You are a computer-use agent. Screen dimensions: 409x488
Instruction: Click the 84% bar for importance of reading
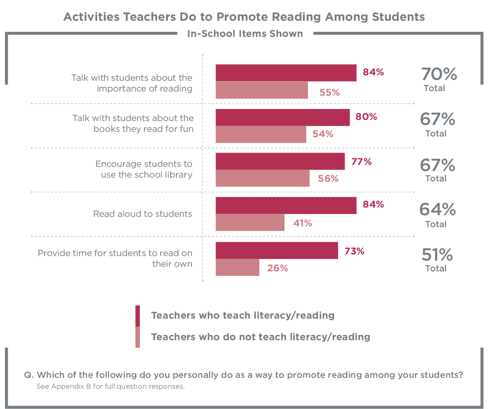[x=286, y=73]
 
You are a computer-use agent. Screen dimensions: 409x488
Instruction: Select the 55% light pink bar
[x=262, y=90]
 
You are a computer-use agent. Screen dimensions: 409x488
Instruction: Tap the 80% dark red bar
[x=283, y=118]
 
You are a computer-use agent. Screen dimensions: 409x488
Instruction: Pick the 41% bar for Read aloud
[x=250, y=223]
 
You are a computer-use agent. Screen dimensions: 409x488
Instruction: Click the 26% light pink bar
[x=237, y=268]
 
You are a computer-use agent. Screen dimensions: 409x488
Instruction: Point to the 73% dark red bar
[x=277, y=251]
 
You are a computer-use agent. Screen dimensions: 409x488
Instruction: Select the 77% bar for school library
[x=280, y=161]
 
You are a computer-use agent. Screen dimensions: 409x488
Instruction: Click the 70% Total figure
[x=439, y=75]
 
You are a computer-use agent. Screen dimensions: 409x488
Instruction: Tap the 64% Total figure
[x=437, y=210]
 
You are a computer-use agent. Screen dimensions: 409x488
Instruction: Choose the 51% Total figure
[x=437, y=255]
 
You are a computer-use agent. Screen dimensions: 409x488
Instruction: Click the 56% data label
[x=328, y=179]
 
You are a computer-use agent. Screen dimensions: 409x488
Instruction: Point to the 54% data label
[x=323, y=134]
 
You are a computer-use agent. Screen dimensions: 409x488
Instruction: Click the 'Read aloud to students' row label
[x=143, y=214]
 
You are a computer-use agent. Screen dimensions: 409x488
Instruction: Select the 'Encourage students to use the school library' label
[x=144, y=170]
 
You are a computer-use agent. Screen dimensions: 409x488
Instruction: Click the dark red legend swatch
[x=138, y=316]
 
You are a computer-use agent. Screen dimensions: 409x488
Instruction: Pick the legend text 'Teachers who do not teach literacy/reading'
[x=261, y=337]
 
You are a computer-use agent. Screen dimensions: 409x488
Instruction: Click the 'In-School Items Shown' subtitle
[x=245, y=34]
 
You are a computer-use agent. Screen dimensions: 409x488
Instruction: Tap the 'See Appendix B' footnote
[x=111, y=387]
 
